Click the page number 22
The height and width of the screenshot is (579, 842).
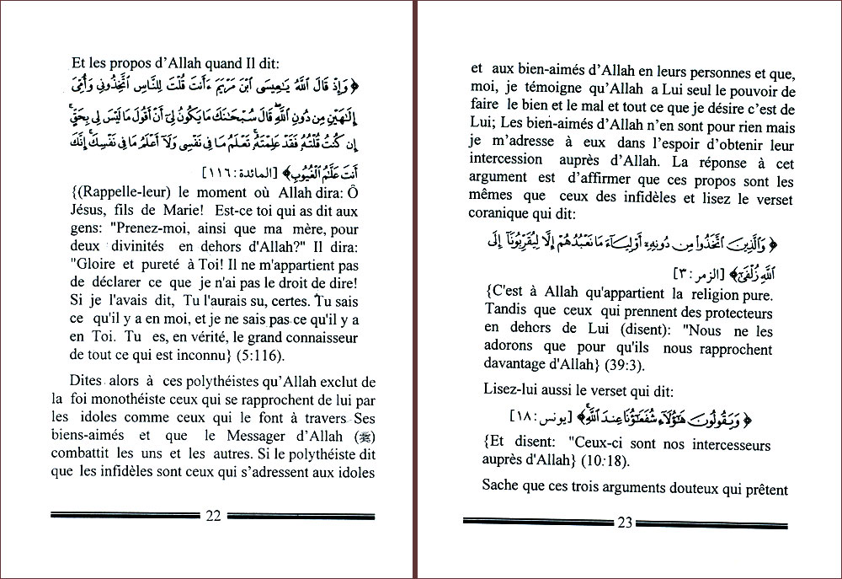coord(213,516)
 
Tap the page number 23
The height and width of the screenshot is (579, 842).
coord(625,523)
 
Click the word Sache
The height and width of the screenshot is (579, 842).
coord(503,485)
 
